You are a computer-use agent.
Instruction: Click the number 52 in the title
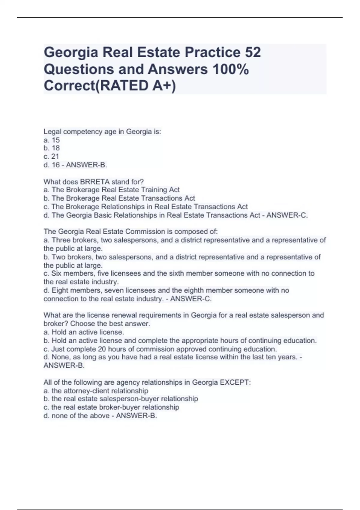pyautogui.click(x=253, y=52)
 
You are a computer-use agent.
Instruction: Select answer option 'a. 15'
pyautogui.click(x=52, y=140)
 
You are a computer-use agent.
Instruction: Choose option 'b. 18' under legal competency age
pyautogui.click(x=52, y=148)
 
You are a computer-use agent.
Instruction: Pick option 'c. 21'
pyautogui.click(x=51, y=156)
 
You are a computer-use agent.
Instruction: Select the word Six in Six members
pyautogui.click(x=56, y=273)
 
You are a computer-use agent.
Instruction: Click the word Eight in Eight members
pyautogui.click(x=60, y=290)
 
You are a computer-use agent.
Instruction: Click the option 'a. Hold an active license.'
pyautogui.click(x=84, y=332)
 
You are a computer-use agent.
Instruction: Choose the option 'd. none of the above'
pyautogui.click(x=76, y=416)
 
